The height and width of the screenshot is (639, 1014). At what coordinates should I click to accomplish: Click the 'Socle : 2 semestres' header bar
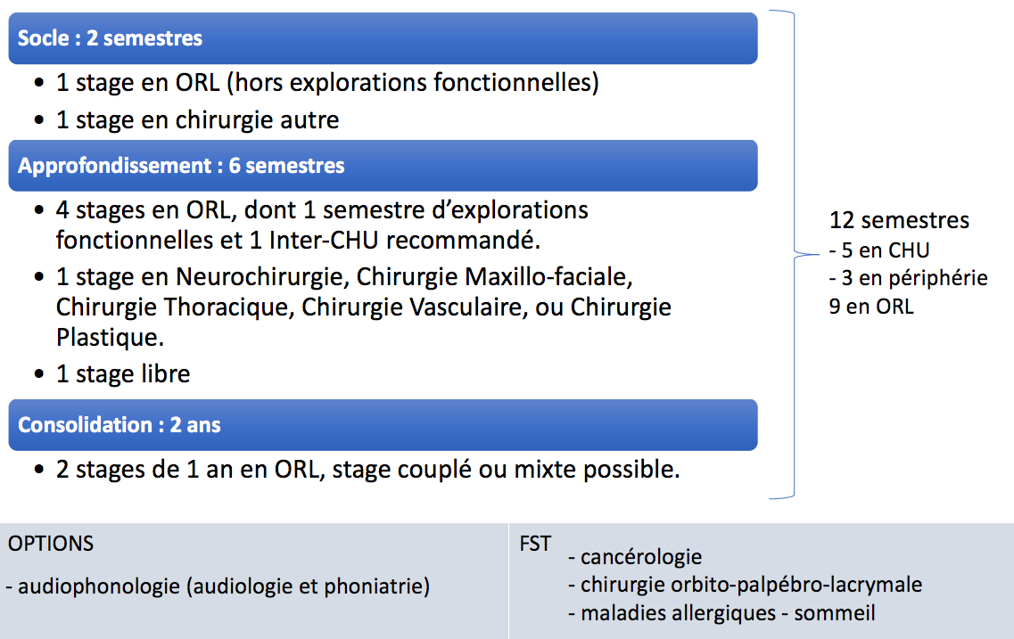point(383,38)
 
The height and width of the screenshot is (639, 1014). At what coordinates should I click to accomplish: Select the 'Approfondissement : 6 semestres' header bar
point(383,166)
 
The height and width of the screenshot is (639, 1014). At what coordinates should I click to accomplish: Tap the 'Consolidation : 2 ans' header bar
point(383,424)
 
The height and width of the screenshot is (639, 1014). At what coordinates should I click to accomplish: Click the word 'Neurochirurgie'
point(262,277)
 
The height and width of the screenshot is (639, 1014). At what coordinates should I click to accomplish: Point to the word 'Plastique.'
point(110,337)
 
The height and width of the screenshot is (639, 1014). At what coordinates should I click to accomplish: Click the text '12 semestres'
point(899,220)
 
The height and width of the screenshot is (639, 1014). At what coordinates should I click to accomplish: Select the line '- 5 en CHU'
point(878,250)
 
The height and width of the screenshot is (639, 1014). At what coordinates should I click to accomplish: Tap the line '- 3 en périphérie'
point(908,278)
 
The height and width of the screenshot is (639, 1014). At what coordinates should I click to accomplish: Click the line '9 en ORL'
point(871,307)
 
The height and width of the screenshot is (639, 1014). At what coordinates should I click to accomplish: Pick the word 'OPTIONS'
point(51,544)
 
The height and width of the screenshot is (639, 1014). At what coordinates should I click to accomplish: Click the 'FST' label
point(535,544)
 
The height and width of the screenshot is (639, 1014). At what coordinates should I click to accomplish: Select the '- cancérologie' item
point(635,557)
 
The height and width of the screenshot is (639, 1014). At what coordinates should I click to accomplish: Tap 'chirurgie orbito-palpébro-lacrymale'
point(752,585)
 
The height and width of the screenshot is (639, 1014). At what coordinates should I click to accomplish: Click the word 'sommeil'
point(834,613)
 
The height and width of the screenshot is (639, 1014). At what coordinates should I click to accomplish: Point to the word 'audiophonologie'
point(99,586)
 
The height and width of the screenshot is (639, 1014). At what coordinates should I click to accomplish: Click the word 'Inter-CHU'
point(324,241)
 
